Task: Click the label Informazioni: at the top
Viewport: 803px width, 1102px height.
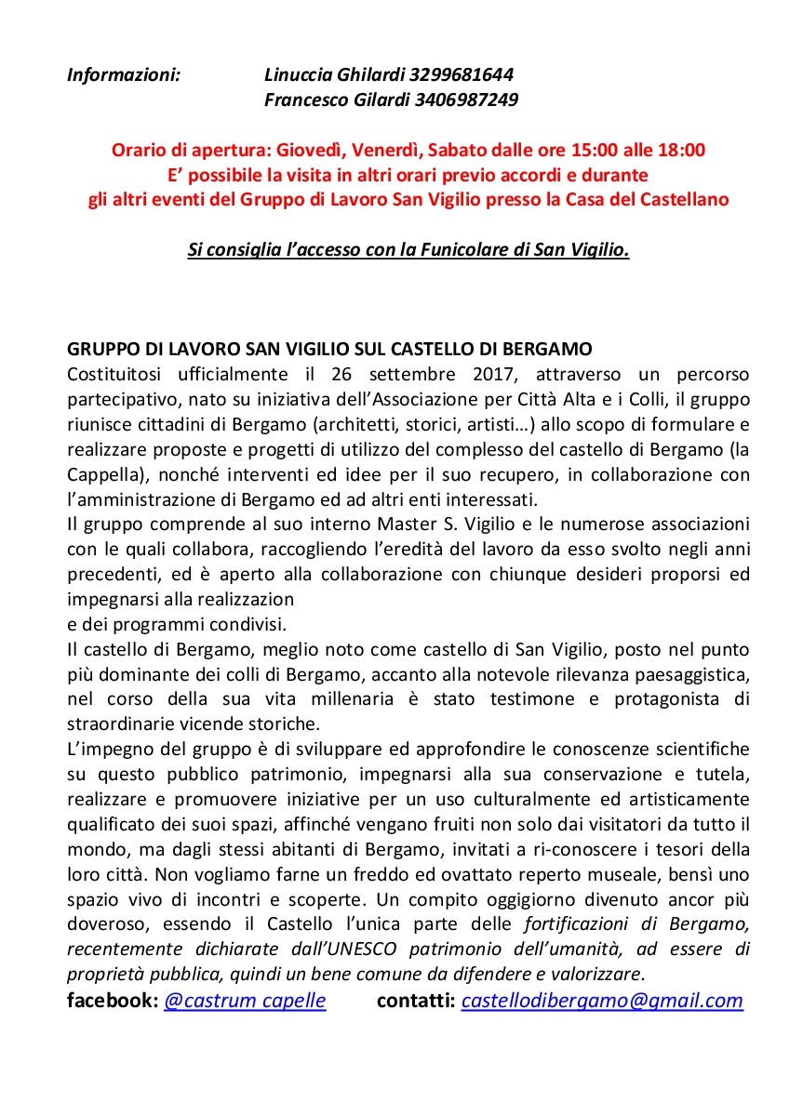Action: [123, 74]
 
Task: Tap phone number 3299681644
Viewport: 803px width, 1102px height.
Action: [463, 74]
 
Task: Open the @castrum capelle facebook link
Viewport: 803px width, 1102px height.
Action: [245, 1001]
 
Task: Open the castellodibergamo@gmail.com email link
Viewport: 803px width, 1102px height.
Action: [602, 1001]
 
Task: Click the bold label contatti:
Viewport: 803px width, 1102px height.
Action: [416, 1001]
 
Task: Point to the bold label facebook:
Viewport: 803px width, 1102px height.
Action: [113, 1001]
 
